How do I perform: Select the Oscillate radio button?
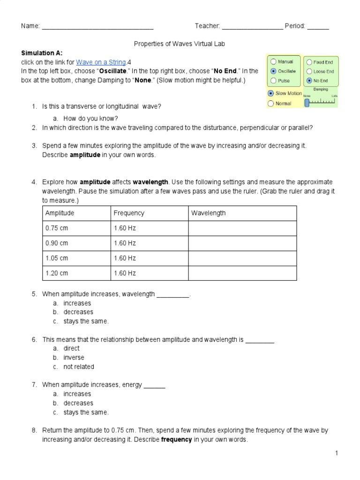273,71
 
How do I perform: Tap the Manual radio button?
273,62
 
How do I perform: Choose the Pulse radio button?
273,81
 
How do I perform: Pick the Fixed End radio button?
309,62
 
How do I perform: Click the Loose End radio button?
309,71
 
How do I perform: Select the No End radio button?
309,81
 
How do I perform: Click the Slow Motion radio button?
270,93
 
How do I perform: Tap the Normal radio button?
270,103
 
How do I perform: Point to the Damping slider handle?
307,102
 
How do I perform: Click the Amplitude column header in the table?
60,213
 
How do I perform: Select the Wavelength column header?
208,213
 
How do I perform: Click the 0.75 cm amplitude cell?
57,228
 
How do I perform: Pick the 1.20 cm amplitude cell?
57,273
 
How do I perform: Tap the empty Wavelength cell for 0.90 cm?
242,243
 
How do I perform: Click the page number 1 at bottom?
337,453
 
